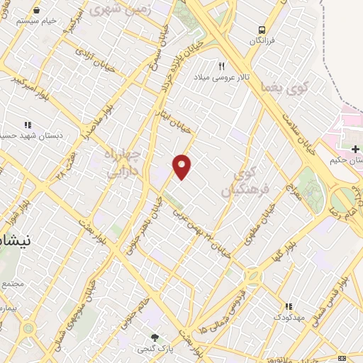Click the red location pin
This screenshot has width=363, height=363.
(x=183, y=167)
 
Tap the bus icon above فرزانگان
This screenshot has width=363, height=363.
(x=262, y=30)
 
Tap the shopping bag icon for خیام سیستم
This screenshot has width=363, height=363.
(x=36, y=11)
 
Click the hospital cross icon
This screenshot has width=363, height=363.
(x=355, y=148)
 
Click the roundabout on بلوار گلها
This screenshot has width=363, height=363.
(x=254, y=275)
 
